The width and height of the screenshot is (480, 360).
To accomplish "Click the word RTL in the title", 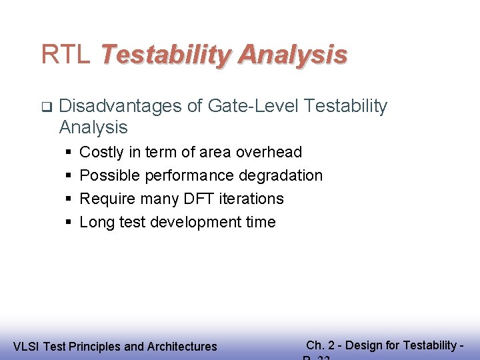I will pos(65,54).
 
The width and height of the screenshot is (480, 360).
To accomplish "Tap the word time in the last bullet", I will pos(261,223).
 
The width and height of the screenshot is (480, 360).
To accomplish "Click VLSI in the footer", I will pos(25,347).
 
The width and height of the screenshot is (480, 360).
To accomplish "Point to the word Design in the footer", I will pos(363,345).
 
